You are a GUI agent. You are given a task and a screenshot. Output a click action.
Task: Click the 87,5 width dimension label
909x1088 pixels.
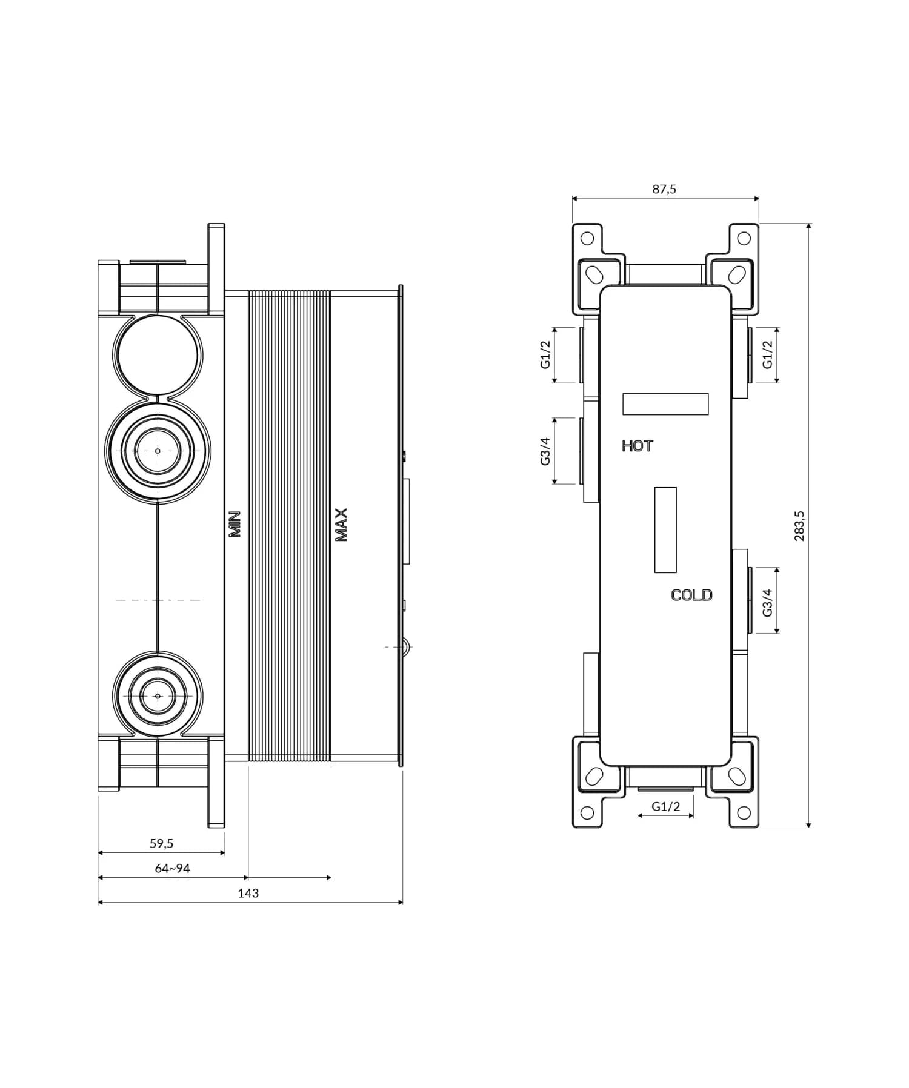664,189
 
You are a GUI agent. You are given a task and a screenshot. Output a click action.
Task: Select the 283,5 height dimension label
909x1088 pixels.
799,525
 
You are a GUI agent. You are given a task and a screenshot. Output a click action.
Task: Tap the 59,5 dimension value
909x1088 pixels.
162,843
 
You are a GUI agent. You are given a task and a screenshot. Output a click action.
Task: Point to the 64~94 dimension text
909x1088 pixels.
173,868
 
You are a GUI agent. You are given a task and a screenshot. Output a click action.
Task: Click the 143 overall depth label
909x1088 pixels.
248,893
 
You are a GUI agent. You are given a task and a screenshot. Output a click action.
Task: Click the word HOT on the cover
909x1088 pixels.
638,446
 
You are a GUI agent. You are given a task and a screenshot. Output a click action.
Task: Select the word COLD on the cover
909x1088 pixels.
691,595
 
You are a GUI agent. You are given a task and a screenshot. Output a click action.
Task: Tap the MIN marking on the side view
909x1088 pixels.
235,524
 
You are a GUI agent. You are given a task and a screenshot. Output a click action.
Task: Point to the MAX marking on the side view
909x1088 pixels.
341,525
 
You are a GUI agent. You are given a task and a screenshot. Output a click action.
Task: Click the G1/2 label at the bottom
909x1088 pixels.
665,806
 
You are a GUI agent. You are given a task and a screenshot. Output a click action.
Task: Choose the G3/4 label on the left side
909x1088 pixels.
545,451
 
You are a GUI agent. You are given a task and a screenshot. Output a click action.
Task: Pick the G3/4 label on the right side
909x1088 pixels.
768,602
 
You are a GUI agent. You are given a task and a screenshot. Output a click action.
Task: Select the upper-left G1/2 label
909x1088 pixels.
545,354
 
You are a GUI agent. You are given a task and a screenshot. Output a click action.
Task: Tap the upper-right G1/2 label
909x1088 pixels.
768,354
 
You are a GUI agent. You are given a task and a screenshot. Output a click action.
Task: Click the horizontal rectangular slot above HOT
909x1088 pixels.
665,404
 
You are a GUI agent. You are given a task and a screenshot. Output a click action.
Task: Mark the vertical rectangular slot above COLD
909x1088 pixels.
665,530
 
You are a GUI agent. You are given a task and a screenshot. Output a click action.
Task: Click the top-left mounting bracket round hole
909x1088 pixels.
587,238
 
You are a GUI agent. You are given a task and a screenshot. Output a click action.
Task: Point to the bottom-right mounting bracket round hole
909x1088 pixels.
744,812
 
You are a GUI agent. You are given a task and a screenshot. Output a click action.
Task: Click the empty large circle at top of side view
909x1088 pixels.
158,356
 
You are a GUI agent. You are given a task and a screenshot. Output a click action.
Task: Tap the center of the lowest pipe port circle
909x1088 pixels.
158,696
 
